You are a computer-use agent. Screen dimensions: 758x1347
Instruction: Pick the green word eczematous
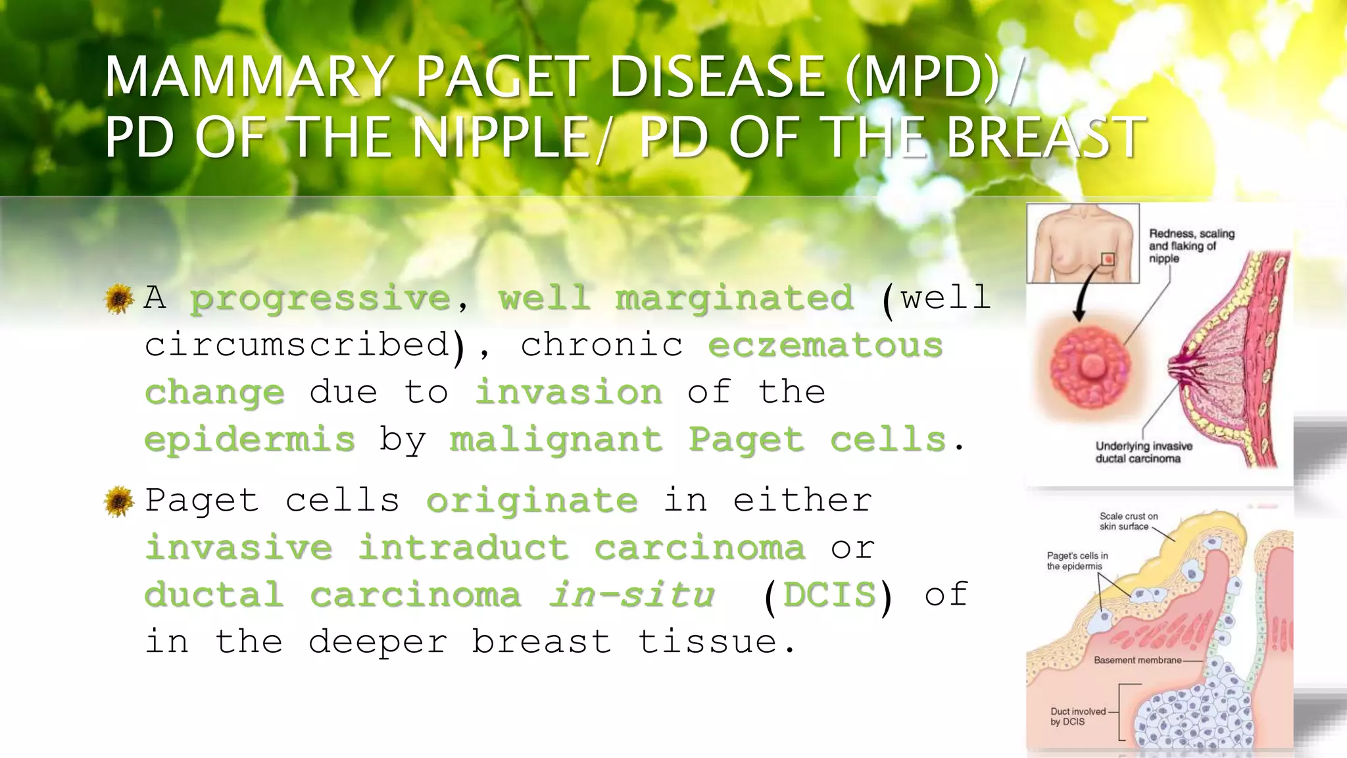(825, 345)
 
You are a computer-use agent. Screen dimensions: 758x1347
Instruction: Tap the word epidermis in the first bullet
(249, 440)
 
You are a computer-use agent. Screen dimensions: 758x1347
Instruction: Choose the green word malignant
(556, 440)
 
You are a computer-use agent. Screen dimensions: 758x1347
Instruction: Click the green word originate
(532, 501)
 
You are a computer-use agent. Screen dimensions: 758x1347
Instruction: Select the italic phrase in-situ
(632, 595)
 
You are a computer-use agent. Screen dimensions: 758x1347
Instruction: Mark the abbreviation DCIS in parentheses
(829, 595)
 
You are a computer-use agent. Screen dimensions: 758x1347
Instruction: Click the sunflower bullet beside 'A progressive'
(119, 299)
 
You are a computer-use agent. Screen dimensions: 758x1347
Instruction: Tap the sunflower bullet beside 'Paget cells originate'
(119, 501)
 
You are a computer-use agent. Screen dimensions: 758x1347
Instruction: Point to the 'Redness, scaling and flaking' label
(1191, 246)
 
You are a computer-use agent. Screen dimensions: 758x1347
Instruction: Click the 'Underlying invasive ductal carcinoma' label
(1143, 452)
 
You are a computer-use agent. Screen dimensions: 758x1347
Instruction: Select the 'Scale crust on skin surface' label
(1129, 521)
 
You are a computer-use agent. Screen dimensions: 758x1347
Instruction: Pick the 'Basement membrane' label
(1138, 660)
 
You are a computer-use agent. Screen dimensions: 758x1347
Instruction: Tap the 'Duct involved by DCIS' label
(1078, 717)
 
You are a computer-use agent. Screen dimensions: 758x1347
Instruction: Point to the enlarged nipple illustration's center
(1092, 365)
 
